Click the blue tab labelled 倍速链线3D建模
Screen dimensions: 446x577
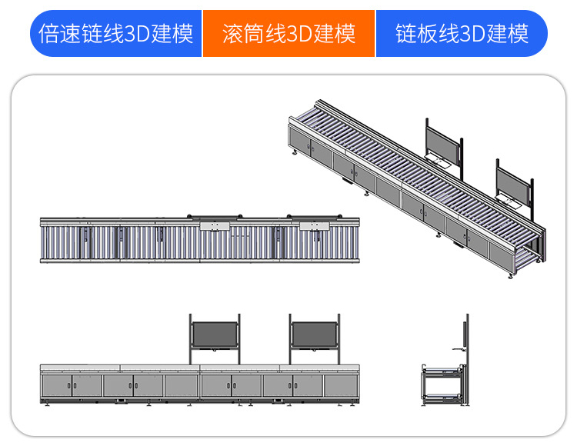pyautogui.click(x=115, y=33)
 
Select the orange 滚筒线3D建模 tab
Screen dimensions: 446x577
pyautogui.click(x=288, y=33)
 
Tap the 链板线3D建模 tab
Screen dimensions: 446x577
pyautogui.click(x=462, y=33)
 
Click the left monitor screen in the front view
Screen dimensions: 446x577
pyautogui.click(x=215, y=334)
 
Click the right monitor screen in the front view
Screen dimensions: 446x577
pyautogui.click(x=315, y=334)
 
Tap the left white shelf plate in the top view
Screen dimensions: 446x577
pyautogui.click(x=215, y=226)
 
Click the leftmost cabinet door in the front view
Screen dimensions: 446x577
pyautogui.click(x=57, y=385)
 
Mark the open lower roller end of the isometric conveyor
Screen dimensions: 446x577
pyautogui.click(x=535, y=246)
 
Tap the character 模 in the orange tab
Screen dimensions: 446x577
pyautogui.click(x=346, y=34)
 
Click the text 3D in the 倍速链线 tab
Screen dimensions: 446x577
pyautogui.click(x=145, y=34)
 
